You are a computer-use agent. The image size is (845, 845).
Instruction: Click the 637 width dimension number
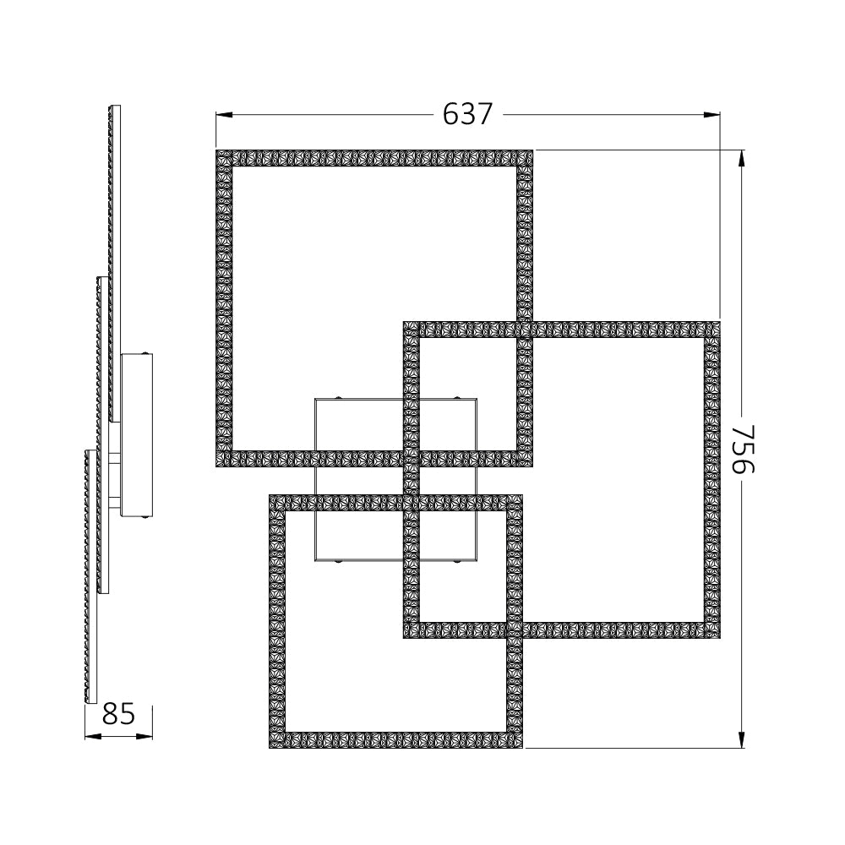(x=467, y=114)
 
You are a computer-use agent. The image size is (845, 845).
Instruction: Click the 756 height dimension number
(x=741, y=449)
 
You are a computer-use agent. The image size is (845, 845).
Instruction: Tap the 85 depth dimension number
(x=118, y=715)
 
